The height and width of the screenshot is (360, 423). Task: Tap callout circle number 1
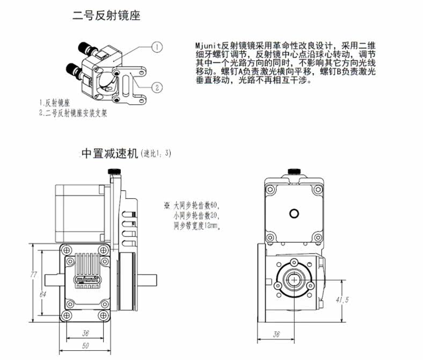point(156,47)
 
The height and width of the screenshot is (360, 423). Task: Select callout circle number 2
point(156,87)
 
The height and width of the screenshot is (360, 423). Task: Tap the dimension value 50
point(85,346)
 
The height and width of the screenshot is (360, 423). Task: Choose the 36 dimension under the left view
point(85,332)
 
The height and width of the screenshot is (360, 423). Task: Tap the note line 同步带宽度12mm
point(197,226)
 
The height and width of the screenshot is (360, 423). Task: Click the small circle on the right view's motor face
point(294,213)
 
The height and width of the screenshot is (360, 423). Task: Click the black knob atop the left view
point(114,171)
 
